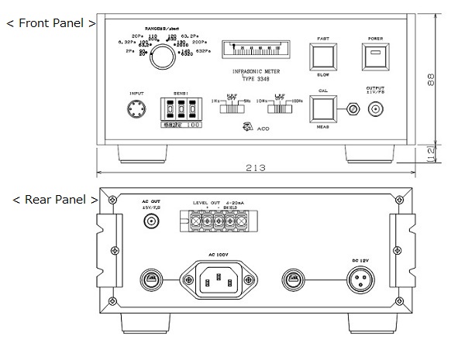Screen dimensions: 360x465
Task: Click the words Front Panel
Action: [x=51, y=23]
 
